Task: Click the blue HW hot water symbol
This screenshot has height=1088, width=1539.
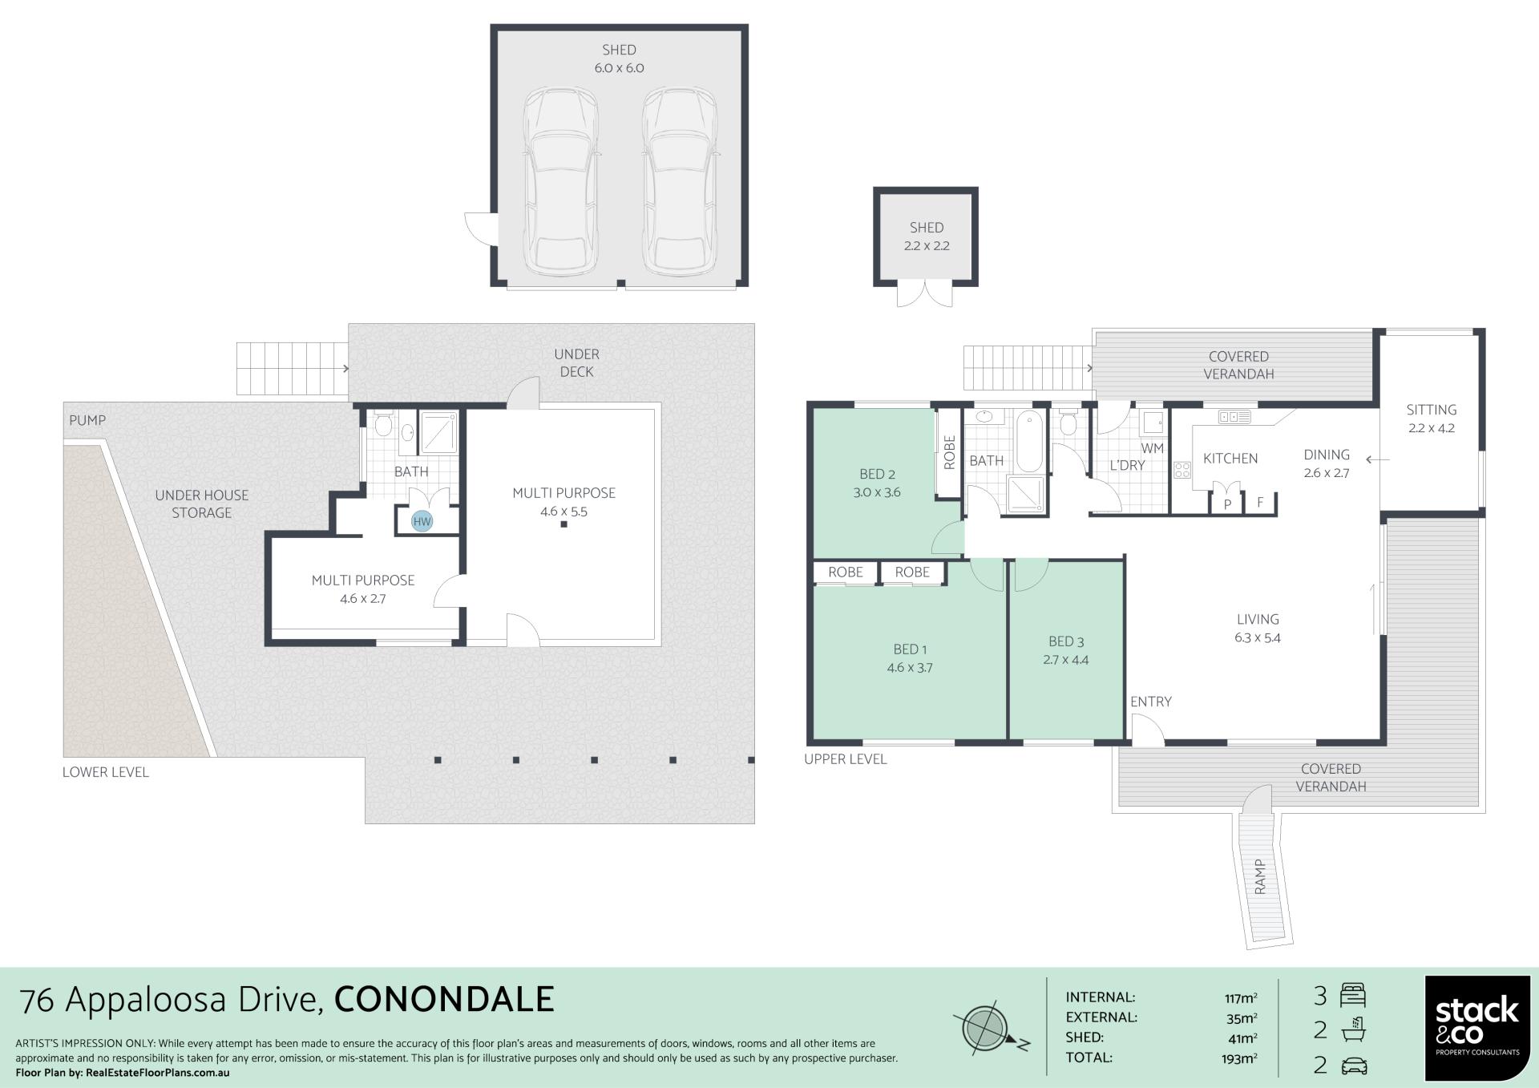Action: pos(422,521)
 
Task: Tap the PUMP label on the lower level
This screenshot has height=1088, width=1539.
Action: pos(87,420)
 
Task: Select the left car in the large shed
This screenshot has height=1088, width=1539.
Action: pos(561,181)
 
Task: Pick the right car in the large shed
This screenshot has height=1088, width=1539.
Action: pos(680,181)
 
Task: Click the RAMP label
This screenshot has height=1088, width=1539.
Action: pos(1260,877)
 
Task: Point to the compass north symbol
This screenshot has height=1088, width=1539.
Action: pos(987,1028)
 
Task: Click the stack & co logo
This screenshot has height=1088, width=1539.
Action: pos(1477,1027)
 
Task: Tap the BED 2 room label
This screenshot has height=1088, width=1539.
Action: pos(877,474)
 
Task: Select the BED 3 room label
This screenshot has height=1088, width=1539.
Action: pos(1066,641)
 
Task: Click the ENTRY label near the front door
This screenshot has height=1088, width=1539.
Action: pos(1151,702)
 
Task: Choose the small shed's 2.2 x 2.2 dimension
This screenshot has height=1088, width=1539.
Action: pos(927,246)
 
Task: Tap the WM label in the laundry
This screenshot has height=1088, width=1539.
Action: pos(1152,448)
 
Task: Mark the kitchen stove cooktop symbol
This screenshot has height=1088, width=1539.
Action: pos(1182,470)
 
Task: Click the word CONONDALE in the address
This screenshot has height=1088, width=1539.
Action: pos(444,999)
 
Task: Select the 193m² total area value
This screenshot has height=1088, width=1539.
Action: pos(1240,1059)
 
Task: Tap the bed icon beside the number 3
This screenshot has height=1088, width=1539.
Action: pos(1352,996)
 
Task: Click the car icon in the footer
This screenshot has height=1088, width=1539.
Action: pos(1353,1066)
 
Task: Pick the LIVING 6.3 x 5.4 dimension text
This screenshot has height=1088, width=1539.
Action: pos(1258,638)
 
